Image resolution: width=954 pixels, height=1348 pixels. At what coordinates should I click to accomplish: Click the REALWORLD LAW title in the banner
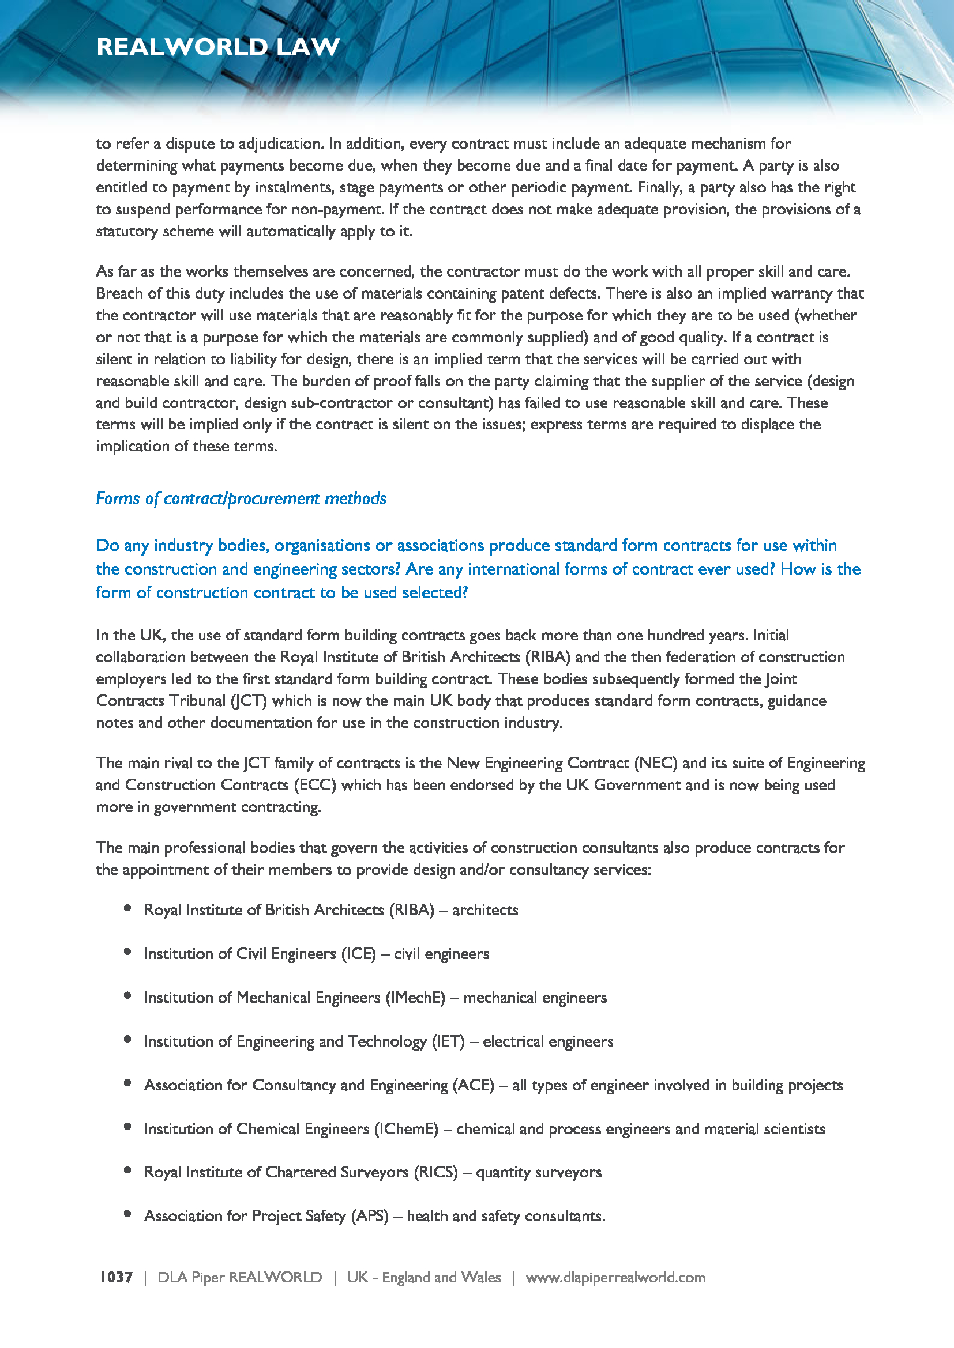pyautogui.click(x=218, y=47)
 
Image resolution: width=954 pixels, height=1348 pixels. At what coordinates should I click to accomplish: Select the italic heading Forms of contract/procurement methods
pyautogui.click(x=241, y=499)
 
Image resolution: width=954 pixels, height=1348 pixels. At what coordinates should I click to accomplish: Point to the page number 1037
pyautogui.click(x=116, y=1277)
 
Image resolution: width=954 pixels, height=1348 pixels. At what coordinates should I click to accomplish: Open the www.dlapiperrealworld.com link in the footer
pyautogui.click(x=615, y=1277)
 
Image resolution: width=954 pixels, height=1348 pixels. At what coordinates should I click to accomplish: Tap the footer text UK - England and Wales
pyautogui.click(x=423, y=1277)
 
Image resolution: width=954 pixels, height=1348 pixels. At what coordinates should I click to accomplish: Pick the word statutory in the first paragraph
pyautogui.click(x=127, y=231)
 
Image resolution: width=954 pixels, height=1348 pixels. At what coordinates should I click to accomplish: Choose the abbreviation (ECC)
pyautogui.click(x=314, y=785)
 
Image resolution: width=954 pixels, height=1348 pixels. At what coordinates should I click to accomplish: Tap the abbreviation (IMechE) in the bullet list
pyautogui.click(x=415, y=998)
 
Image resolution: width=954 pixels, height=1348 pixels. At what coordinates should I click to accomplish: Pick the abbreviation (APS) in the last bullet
pyautogui.click(x=370, y=1216)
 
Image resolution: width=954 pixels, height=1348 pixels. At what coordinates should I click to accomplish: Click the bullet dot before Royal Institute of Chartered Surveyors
pyautogui.click(x=127, y=1170)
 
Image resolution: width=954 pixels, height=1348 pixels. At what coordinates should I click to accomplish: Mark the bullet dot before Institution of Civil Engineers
pyautogui.click(x=127, y=951)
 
